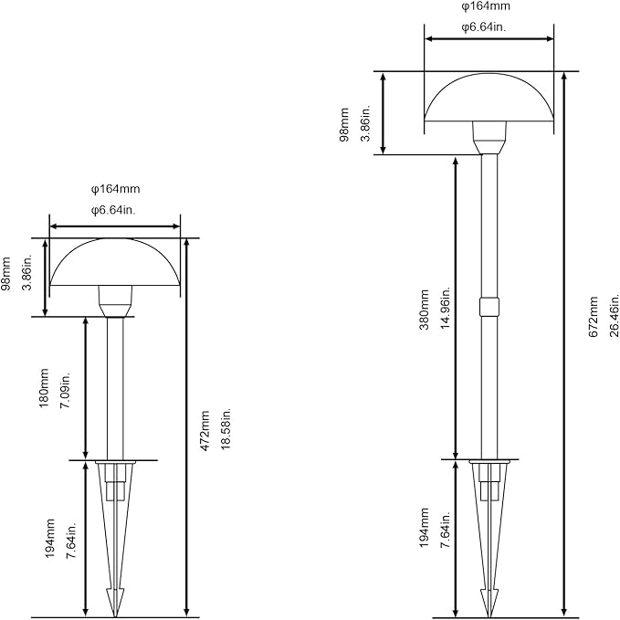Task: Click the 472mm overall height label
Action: point(205,431)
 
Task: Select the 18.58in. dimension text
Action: point(226,429)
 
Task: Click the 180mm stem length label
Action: point(44,388)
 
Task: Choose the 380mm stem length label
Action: point(425,310)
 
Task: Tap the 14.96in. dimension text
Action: point(446,308)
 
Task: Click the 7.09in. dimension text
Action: point(65,390)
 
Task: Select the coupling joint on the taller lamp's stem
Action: point(489,307)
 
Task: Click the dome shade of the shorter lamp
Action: point(115,262)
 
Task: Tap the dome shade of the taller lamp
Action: point(489,97)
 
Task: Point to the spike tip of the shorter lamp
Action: point(115,616)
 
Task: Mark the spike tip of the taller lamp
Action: point(489,616)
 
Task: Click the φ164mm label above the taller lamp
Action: point(486,6)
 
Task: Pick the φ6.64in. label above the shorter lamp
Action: point(113,210)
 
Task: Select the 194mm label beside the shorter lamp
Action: point(50,539)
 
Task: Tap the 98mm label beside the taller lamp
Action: point(344,124)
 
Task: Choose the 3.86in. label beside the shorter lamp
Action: point(27,272)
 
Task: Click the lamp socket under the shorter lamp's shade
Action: point(115,301)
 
